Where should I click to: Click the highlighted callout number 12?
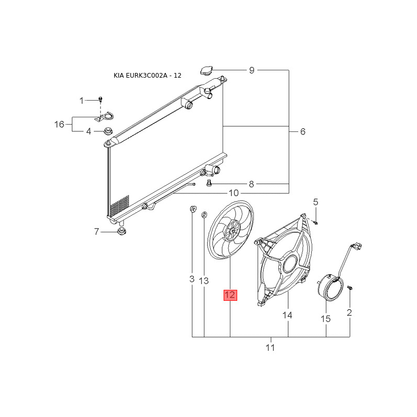pos(230,295)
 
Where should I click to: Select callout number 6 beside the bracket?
pos(303,131)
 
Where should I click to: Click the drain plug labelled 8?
pos(209,183)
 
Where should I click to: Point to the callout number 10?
pos(234,193)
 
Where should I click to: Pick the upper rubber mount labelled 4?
pos(108,131)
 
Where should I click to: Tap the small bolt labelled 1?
pos(100,100)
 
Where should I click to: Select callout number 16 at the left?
pos(59,124)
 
